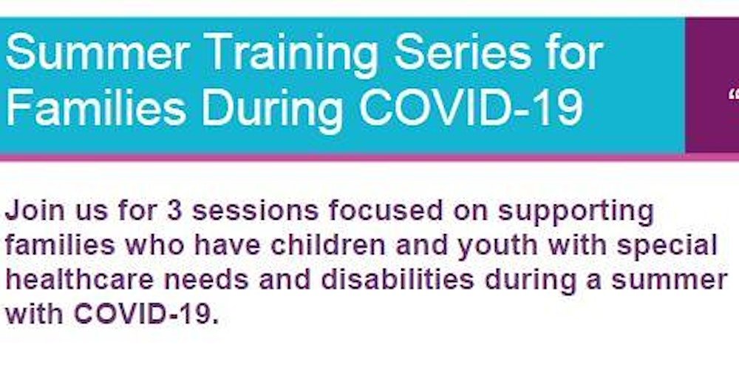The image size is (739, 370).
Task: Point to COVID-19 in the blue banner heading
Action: [470, 108]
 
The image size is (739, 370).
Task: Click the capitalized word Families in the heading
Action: [95, 108]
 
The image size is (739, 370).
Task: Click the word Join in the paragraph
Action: [35, 212]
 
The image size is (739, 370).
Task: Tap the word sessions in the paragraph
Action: [255, 212]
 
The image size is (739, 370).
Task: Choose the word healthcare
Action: [80, 280]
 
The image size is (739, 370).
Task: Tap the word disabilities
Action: [398, 280]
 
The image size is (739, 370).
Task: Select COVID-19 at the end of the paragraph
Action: [146, 314]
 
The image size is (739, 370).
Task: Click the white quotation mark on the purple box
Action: [735, 97]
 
